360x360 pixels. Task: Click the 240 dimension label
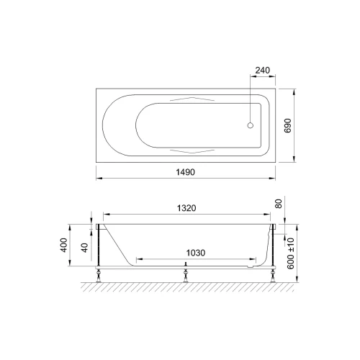262,71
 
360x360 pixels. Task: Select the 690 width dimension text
287,125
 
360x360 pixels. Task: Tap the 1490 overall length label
185,172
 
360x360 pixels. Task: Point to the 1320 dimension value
186,208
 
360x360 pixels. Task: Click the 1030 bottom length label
196,253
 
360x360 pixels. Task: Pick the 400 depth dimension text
64,245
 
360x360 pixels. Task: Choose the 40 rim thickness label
84,248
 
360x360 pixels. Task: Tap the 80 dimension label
278,204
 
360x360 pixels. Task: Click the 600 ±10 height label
290,253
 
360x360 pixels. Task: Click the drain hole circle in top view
251,125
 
